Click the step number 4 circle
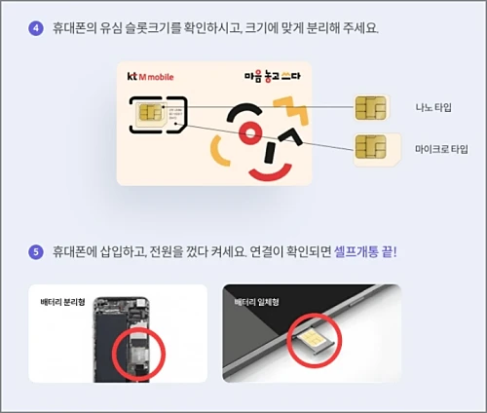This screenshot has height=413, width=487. click(36, 27)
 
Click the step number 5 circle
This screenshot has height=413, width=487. click(36, 252)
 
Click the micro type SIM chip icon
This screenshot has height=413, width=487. click(368, 148)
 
